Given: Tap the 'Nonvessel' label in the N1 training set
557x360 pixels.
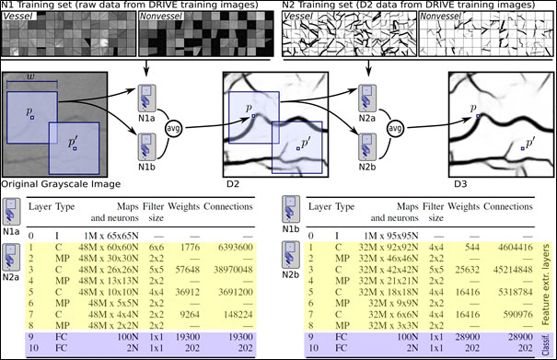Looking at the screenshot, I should click(159, 17).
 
